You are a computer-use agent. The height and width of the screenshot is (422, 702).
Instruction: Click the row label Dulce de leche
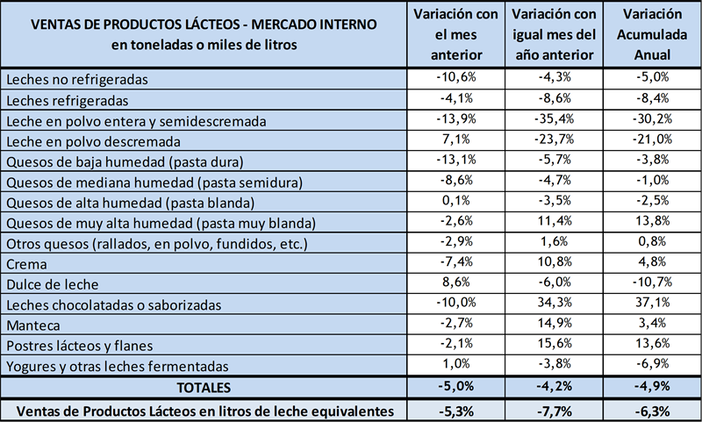(x=47, y=284)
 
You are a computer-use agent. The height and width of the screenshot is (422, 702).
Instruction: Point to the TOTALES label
(x=204, y=386)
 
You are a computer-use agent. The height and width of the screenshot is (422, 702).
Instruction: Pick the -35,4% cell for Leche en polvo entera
(x=553, y=119)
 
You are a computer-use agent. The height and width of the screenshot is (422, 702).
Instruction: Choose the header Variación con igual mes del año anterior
(x=553, y=35)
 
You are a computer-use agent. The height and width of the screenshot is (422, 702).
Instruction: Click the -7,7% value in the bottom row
(x=553, y=410)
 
